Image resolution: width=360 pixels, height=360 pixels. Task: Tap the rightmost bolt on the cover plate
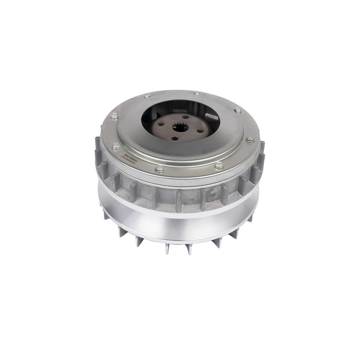(250, 140)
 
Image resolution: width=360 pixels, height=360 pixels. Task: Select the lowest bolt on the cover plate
(160, 170)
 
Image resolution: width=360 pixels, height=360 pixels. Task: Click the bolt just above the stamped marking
(115, 146)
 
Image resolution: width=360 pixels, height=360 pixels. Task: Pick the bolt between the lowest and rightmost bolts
(218, 165)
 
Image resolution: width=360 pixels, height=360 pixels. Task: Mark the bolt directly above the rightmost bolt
(238, 111)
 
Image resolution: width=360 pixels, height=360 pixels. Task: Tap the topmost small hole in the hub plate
(185, 116)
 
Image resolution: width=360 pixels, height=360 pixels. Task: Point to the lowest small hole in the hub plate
(175, 138)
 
